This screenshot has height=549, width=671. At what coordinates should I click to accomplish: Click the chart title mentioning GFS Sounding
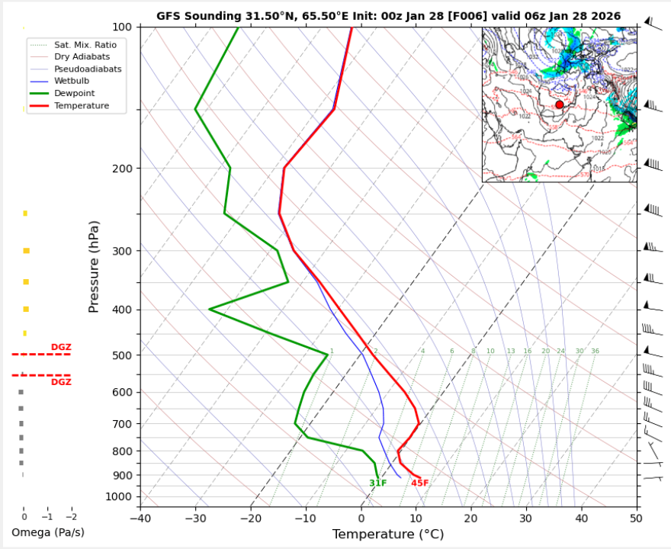pos(388,16)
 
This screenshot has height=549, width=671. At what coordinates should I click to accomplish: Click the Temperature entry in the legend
pos(81,106)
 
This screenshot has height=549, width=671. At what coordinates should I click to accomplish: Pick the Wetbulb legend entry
pos(73,82)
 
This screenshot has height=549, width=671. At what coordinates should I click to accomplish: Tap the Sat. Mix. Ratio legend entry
pos(85,45)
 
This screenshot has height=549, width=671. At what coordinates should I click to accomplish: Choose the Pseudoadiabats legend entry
pos(87,69)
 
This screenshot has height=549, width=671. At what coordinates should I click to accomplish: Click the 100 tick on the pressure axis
pos(122,27)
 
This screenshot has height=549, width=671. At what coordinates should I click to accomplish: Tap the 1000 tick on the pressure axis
pos(120,497)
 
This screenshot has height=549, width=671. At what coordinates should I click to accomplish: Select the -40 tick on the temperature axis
pos(140,518)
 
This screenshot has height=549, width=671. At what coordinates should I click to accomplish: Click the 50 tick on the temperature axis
pos(637,518)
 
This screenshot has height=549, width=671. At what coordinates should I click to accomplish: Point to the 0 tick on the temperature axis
pos(361,518)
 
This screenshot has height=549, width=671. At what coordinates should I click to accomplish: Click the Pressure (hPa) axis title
pos(95,267)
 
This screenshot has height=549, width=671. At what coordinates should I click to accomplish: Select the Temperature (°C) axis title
pos(388,535)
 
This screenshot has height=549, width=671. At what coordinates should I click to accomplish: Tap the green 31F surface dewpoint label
pos(378,483)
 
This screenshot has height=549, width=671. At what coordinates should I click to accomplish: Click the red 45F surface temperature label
pos(420,483)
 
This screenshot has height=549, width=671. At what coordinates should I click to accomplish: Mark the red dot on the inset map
pos(560,104)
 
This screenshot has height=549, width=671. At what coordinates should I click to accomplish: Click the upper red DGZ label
pos(61,348)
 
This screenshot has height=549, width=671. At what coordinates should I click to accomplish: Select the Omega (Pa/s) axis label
pos(48,532)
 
